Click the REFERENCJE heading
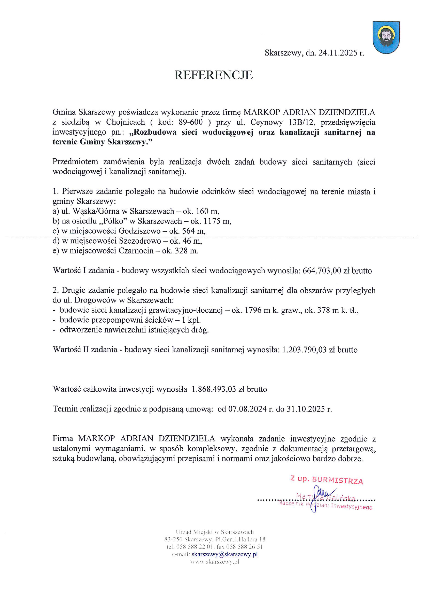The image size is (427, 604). pyautogui.click(x=213, y=75)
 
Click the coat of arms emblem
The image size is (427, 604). pyautogui.click(x=386, y=38)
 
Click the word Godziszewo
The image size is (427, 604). pyautogui.click(x=139, y=231)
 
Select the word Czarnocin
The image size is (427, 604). pyautogui.click(x=136, y=251)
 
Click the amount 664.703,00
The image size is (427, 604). pyautogui.click(x=322, y=271)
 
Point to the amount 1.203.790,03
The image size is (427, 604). pyautogui.click(x=304, y=350)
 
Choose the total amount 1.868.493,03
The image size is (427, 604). pyautogui.click(x=214, y=389)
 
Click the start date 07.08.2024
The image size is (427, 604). pyautogui.click(x=247, y=409)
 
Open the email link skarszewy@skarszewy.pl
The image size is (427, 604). pyautogui.click(x=225, y=554)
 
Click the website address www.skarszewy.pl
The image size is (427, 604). pyautogui.click(x=215, y=562)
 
